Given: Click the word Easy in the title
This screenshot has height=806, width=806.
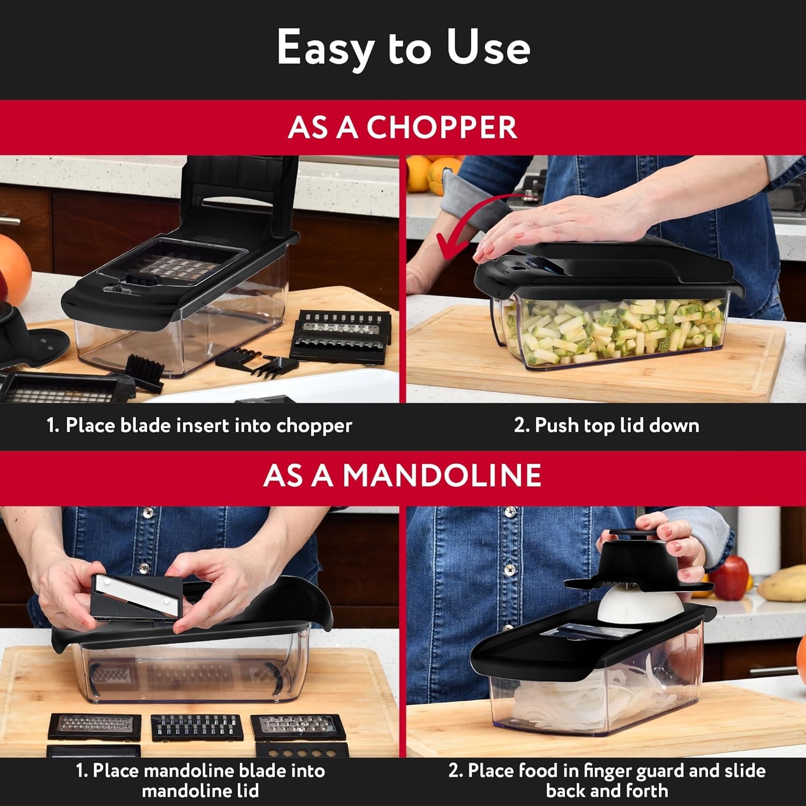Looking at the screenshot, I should [x=326, y=48].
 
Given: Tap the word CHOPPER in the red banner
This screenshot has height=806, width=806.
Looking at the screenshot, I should [x=442, y=127].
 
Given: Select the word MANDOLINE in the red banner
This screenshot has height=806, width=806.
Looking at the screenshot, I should [x=442, y=475].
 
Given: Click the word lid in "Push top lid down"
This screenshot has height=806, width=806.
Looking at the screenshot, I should [x=632, y=426].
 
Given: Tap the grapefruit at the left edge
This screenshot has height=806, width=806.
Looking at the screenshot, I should [x=13, y=269].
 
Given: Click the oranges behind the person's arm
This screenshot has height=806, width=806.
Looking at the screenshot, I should [x=430, y=172].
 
